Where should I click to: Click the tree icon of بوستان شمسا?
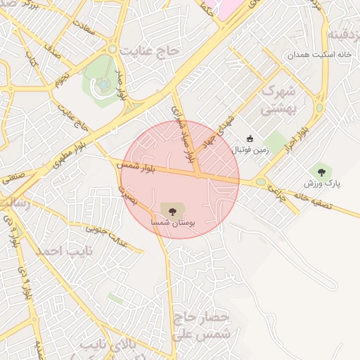(x=169, y=209)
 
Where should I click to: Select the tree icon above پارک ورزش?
(x=321, y=171)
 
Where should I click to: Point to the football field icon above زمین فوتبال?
(x=250, y=139)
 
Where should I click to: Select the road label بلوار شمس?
(x=141, y=166)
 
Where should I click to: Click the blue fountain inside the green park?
(x=103, y=84)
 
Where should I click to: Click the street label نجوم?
(x=62, y=77)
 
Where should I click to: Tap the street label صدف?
(x=53, y=50)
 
